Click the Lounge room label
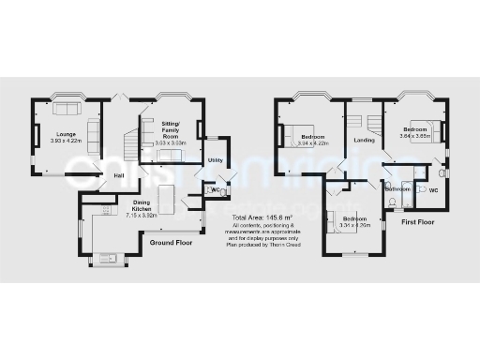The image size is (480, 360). click(65, 135)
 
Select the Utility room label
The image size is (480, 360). click(215, 160)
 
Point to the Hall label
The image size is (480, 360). click(120, 175)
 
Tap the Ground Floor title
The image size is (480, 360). click(171, 242)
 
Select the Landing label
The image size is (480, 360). click(364, 141)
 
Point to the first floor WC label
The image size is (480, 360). click(433, 188)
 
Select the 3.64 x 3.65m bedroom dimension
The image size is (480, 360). click(416, 136)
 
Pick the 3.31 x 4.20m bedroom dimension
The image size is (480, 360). click(346, 225)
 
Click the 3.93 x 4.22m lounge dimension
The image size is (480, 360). click(66, 142)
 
